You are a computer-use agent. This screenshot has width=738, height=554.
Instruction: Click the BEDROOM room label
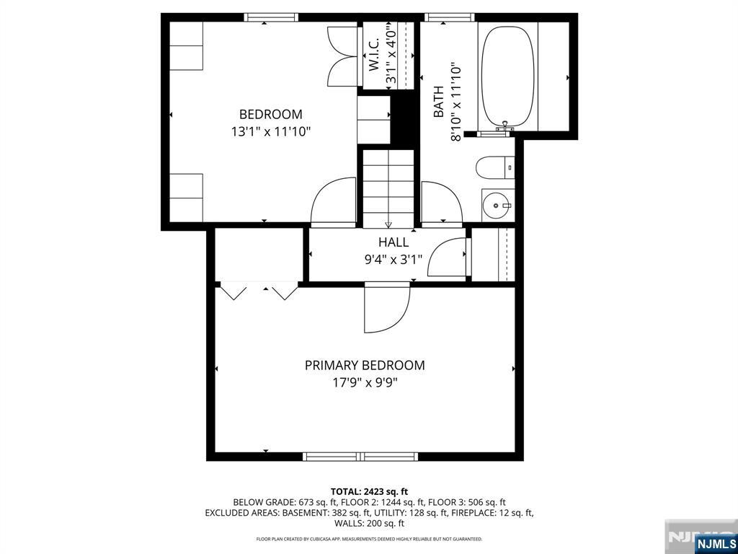coord(271,115)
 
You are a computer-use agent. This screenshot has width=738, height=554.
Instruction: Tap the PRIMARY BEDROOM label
coord(365,366)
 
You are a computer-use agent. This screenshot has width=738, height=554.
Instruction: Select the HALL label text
coord(394,242)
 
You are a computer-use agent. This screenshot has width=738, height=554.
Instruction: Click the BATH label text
coord(438,102)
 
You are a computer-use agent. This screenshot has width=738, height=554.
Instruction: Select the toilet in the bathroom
coord(494,167)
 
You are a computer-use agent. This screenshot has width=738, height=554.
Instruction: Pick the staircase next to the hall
coord(388,188)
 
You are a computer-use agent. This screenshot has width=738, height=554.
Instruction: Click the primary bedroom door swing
coord(387,308)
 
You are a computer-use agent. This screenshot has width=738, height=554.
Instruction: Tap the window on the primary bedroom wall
coord(360,456)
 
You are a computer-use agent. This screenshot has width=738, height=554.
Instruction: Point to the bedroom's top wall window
coord(271,17)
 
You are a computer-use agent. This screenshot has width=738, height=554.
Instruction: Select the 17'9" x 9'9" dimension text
coord(365,382)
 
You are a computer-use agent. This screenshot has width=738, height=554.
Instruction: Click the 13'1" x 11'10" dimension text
coord(271,132)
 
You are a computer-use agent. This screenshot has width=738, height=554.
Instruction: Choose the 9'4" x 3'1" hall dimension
coord(394,260)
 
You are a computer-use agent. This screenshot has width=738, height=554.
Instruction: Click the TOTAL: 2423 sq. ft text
coord(369,492)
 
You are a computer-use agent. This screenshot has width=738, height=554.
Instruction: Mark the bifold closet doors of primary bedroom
coord(259,291)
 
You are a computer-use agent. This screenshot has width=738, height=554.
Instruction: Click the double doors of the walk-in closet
coord(342,56)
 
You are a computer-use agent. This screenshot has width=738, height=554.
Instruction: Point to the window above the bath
coord(450,17)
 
